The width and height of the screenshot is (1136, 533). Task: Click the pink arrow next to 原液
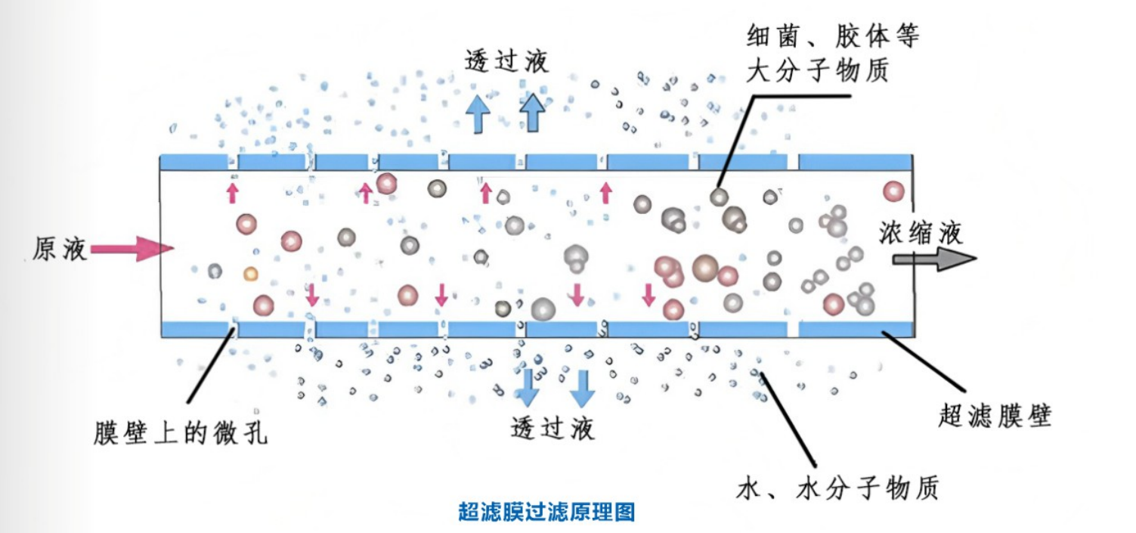coord(133,249)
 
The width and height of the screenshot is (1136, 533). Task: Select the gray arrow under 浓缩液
coord(933,259)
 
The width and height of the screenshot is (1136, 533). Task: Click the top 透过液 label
coord(507,61)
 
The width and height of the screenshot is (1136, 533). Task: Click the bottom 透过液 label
coord(553,428)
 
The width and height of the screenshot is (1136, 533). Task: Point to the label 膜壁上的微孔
coord(181,434)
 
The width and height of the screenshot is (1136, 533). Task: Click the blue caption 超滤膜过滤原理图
coord(546,513)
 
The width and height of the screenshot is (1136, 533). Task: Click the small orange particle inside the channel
coord(251,273)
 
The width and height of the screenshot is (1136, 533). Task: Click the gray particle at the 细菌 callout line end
coord(719,197)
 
